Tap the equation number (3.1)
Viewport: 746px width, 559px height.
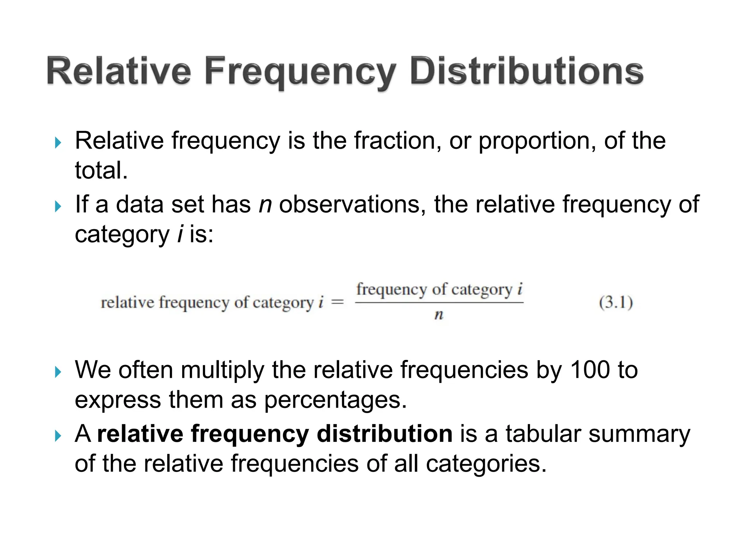pos(616,302)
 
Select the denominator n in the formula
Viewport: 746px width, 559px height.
pos(439,315)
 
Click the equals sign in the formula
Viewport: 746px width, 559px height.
pos(338,302)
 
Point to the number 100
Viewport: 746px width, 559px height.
pos(590,370)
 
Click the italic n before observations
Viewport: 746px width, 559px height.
pos(265,204)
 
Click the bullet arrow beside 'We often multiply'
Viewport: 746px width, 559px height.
pos(58,372)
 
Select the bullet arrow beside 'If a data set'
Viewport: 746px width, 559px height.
pos(58,206)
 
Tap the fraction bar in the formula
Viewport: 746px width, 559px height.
pos(439,302)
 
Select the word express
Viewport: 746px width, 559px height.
pos(118,400)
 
